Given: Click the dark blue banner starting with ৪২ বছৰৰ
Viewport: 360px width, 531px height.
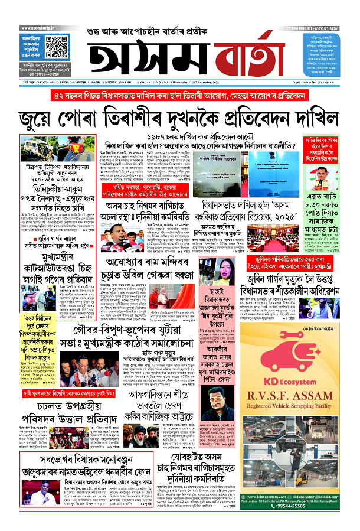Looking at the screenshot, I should [x=179, y=97].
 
